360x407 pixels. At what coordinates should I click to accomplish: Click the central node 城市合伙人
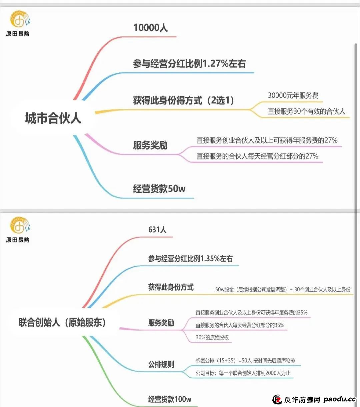[53, 118]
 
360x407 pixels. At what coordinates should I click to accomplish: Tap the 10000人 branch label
[151, 27]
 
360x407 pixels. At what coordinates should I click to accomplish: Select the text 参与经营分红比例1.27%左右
[189, 64]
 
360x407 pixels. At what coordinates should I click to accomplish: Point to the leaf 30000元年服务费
[293, 95]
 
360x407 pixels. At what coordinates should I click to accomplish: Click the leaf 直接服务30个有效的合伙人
[306, 111]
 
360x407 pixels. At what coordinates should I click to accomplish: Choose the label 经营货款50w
[159, 188]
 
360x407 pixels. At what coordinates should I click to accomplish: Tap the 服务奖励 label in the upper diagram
[150, 145]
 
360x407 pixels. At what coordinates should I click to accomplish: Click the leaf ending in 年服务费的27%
[267, 140]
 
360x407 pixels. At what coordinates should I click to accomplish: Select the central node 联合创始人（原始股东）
[62, 323]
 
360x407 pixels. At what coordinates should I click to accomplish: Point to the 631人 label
[157, 230]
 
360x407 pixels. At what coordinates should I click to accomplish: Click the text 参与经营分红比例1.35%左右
[190, 259]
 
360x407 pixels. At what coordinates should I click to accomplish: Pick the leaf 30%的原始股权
[212, 337]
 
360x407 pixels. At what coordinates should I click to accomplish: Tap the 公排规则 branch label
[161, 364]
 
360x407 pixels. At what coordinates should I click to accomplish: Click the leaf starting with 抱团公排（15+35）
[245, 360]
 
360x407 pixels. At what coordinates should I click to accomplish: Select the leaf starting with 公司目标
[243, 373]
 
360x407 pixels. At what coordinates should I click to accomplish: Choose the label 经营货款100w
[170, 399]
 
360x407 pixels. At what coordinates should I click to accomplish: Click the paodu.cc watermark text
[340, 399]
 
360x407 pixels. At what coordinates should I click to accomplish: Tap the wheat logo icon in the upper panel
[20, 19]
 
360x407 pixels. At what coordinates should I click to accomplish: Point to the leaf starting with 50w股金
[283, 290]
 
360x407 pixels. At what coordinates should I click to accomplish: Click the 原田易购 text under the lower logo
[18, 240]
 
